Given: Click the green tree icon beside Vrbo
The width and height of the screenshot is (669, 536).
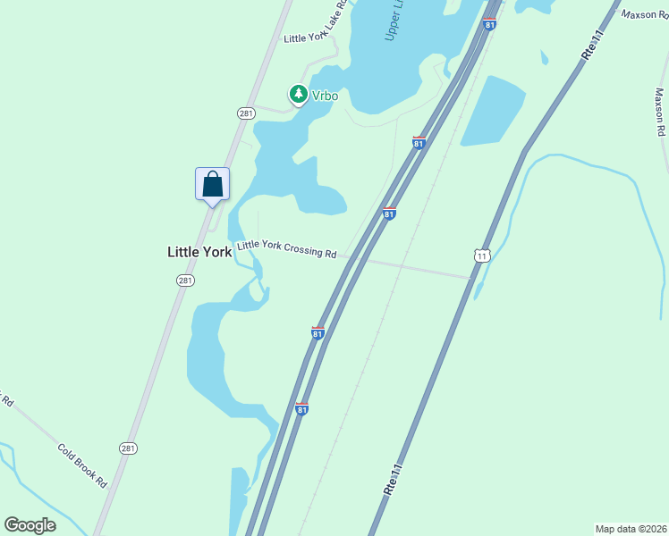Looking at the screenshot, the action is [x=298, y=94].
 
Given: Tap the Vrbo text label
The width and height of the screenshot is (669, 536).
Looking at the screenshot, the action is [x=325, y=94].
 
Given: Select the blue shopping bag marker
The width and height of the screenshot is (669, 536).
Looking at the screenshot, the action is [x=213, y=185].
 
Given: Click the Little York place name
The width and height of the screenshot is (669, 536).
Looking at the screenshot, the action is [x=199, y=253].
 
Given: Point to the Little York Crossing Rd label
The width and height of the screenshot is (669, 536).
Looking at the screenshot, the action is [x=286, y=249].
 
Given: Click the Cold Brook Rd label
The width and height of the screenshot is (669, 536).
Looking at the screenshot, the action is [x=82, y=465].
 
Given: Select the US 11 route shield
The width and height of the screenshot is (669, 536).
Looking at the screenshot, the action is [x=483, y=256].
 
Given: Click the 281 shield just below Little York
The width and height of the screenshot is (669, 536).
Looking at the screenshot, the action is [x=185, y=281].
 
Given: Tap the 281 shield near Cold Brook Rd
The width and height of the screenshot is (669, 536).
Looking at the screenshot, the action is [x=129, y=448].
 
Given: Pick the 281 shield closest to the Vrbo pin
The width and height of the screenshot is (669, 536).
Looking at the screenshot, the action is [x=246, y=113].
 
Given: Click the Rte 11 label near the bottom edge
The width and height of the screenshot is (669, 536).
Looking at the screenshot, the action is [x=391, y=480].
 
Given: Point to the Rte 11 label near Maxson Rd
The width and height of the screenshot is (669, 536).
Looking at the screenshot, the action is [x=593, y=44].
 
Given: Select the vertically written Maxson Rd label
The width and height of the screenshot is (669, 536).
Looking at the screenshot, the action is [x=660, y=111].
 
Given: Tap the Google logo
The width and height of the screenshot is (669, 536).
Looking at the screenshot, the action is [x=30, y=525].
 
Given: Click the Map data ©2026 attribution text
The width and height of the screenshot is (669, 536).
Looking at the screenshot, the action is [x=631, y=528].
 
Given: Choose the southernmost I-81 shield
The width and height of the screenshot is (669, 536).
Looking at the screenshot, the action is [x=302, y=408].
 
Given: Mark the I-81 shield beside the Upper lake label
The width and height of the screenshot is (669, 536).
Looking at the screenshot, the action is [x=489, y=24].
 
